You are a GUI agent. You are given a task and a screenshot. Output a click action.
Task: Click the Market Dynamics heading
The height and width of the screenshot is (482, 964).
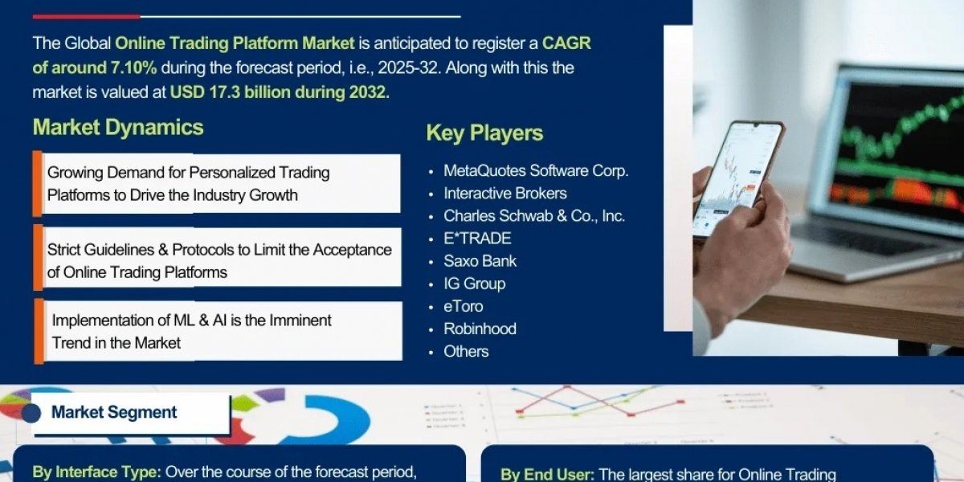(x=118, y=128)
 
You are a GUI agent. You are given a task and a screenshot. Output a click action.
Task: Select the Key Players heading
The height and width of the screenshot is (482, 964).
(x=484, y=133)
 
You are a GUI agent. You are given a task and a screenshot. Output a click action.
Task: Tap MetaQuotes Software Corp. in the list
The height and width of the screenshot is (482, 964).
(x=536, y=171)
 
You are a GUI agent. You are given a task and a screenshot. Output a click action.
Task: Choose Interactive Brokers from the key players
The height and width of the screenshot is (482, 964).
(x=504, y=194)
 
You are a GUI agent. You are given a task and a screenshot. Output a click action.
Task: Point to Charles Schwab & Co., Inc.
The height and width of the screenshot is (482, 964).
(x=534, y=216)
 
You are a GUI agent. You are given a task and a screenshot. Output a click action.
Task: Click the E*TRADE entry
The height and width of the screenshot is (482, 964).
(x=477, y=239)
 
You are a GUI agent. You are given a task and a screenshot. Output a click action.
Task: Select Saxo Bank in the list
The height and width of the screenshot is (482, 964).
(x=480, y=261)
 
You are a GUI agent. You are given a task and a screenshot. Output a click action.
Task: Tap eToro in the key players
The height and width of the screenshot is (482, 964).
(x=463, y=306)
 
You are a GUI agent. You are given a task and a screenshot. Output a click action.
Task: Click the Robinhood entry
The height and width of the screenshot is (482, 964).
(x=480, y=329)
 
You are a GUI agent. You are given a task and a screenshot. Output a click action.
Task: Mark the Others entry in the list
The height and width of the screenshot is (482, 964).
(x=466, y=352)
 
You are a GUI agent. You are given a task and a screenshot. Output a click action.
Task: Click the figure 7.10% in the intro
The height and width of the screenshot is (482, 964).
(x=133, y=67)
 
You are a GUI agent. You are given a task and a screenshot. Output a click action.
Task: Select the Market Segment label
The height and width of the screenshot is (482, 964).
(x=114, y=412)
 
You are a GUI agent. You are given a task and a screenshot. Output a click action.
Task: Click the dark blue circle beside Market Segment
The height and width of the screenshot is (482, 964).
(x=31, y=413)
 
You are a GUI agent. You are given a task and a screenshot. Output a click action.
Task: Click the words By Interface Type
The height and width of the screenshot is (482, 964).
(x=96, y=472)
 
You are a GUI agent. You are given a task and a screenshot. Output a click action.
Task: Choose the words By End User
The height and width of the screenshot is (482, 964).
(x=547, y=474)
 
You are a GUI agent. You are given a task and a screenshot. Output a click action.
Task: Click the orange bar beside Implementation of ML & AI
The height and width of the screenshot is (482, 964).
(x=39, y=331)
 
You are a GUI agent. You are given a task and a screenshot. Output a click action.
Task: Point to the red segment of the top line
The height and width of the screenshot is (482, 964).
(x=87, y=17)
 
